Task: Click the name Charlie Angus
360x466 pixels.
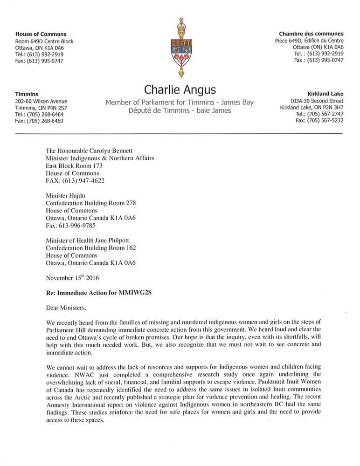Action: (x=180, y=89)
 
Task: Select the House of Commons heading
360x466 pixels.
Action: (x=41, y=34)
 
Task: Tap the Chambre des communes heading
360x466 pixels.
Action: (x=311, y=34)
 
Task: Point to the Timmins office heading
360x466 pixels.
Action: (x=27, y=94)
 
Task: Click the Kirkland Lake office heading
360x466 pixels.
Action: (x=325, y=94)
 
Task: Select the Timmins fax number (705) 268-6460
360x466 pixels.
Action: (x=39, y=121)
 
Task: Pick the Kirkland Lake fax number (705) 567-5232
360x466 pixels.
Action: (x=319, y=121)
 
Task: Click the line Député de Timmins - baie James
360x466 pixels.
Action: (x=180, y=111)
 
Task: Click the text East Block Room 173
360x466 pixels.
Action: (x=74, y=165)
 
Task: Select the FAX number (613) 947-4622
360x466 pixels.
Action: (x=75, y=180)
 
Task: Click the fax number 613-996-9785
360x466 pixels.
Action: (x=70, y=226)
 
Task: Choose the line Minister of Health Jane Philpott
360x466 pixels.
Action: (x=91, y=240)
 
